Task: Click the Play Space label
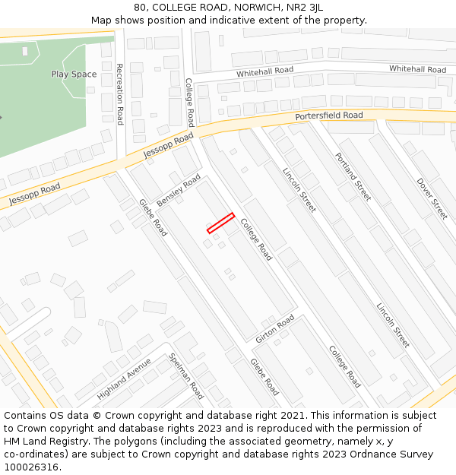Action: tap(74, 74)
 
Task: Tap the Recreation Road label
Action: tap(120, 94)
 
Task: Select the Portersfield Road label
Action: tap(329, 116)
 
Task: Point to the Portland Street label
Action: tap(353, 176)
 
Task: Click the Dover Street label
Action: tap(432, 199)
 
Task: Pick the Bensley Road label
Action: tap(178, 190)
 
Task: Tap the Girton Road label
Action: tap(275, 328)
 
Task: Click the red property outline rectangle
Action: tap(220, 223)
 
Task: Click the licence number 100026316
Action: tap(32, 467)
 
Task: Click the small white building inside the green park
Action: tap(25, 52)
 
